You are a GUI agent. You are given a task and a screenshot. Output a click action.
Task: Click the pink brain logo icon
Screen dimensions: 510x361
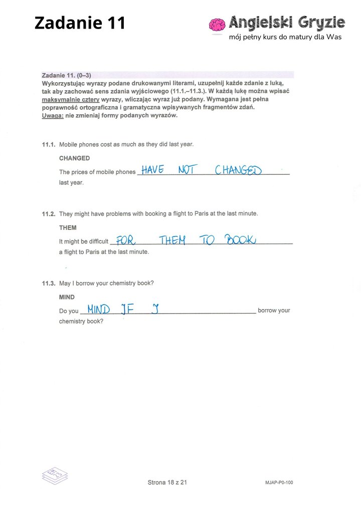(x=217, y=26)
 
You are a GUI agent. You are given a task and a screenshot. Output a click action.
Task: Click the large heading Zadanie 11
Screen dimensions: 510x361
(x=80, y=23)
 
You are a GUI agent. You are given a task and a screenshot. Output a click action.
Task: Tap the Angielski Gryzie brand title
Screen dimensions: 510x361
(x=287, y=22)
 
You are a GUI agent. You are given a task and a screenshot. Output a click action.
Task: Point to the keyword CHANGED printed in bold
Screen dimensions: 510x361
(x=74, y=158)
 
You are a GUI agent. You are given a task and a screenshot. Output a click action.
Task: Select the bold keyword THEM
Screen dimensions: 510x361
(x=68, y=228)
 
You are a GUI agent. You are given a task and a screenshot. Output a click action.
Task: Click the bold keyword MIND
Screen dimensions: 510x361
(x=67, y=298)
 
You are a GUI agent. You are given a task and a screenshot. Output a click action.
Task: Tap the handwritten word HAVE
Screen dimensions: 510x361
(x=152, y=170)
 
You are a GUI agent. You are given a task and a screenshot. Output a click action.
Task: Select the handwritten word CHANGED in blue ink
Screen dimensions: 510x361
(x=238, y=170)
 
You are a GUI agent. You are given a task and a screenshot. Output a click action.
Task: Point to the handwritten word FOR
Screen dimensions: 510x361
(x=126, y=240)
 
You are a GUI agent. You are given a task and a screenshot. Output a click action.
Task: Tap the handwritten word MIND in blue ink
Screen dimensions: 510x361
(x=98, y=309)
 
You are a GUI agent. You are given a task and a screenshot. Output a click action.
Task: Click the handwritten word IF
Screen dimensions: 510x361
(x=127, y=309)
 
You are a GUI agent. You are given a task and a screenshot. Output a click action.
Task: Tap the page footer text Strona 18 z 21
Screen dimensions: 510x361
(x=167, y=482)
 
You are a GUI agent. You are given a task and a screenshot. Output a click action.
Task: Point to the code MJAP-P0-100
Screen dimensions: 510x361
(x=279, y=483)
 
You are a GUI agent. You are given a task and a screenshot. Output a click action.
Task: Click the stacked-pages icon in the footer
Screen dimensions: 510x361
(x=54, y=475)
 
